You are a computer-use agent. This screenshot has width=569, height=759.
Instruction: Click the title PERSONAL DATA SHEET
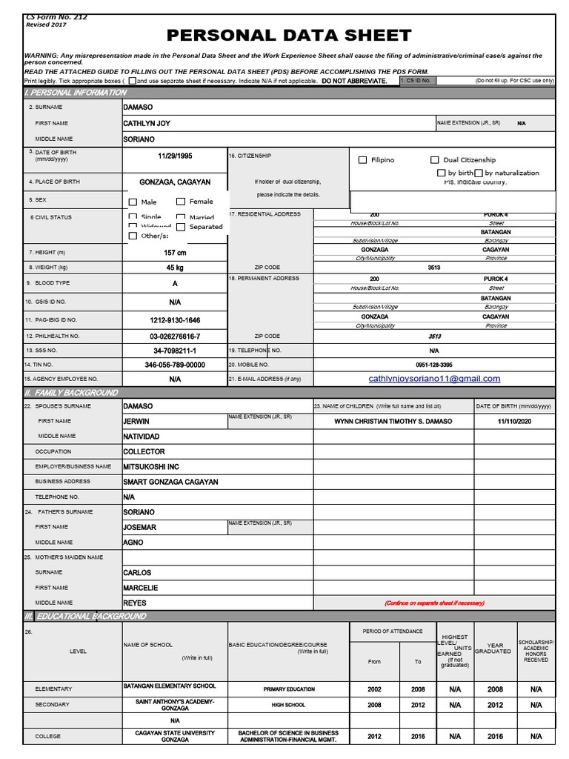pyautogui.click(x=289, y=36)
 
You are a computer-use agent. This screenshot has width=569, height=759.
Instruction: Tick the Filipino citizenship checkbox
pyautogui.click(x=363, y=160)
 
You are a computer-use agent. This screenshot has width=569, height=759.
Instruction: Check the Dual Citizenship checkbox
pyautogui.click(x=435, y=160)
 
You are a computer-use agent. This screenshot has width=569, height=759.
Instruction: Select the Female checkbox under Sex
pyautogui.click(x=181, y=202)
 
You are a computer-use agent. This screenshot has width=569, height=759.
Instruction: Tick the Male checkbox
pyautogui.click(x=133, y=202)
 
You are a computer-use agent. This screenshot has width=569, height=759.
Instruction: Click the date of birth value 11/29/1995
pyautogui.click(x=175, y=156)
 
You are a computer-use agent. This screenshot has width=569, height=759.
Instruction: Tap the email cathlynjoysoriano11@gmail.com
pyautogui.click(x=434, y=379)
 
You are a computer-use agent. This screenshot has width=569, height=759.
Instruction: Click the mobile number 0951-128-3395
pyautogui.click(x=434, y=365)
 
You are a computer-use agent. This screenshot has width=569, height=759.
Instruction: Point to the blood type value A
pyautogui.click(x=175, y=283)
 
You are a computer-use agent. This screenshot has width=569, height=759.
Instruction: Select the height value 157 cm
pyautogui.click(x=175, y=253)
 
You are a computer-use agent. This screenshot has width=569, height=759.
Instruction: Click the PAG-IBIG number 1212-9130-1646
pyautogui.click(x=175, y=320)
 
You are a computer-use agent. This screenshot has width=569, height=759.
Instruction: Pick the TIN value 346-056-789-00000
pyautogui.click(x=175, y=365)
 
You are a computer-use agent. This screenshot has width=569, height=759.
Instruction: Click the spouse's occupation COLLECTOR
pyautogui.click(x=144, y=451)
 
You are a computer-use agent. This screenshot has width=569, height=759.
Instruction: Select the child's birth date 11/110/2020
pyautogui.click(x=514, y=421)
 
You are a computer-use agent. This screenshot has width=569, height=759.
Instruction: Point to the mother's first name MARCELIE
pyautogui.click(x=140, y=588)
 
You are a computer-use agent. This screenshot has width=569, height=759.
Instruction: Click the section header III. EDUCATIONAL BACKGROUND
pyautogui.click(x=85, y=616)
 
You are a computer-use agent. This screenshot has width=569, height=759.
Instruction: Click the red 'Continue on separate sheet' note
pyautogui.click(x=434, y=603)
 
